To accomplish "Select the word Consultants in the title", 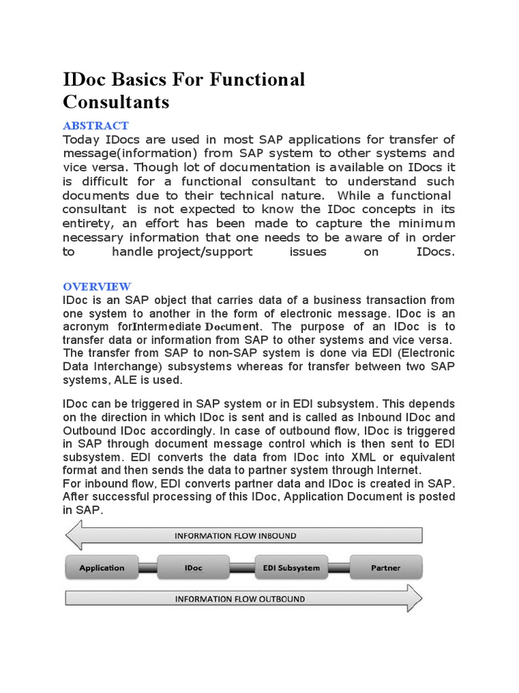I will point(116,102).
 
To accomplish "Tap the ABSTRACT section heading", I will point(95,126).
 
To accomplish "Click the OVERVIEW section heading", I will point(97,286).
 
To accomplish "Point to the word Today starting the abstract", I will point(81,139).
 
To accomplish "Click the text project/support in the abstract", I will point(206,252).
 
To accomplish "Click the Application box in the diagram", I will point(101,568).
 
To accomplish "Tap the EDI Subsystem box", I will point(291,568).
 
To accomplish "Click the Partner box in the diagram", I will point(385,568).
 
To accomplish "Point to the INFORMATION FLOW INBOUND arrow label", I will point(235,536).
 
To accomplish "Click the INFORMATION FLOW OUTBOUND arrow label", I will point(240,599).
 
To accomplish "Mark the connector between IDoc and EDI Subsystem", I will point(241,568).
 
